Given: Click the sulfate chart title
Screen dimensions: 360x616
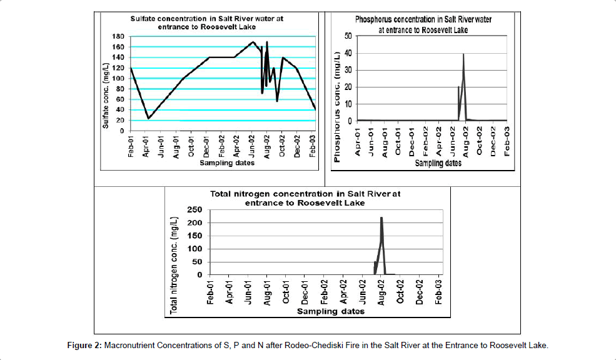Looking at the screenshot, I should point(206,22).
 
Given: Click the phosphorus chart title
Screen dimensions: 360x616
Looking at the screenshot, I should point(423,24).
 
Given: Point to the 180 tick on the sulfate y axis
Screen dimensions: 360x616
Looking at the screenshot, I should point(119,36).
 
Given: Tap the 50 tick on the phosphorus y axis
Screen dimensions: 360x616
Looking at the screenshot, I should point(348,36).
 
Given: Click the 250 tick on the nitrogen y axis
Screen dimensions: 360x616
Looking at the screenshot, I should point(195,210).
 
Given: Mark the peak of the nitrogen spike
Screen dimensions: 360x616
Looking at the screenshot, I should point(381,217).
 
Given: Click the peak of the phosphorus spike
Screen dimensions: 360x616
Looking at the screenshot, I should point(463,54).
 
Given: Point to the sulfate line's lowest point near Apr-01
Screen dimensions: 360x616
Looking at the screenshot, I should point(148,118).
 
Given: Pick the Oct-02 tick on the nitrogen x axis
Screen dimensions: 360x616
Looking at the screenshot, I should point(401,291).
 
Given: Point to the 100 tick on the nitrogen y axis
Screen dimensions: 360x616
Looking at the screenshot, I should point(195,249).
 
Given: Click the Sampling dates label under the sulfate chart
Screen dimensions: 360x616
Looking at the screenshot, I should point(227,163).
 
